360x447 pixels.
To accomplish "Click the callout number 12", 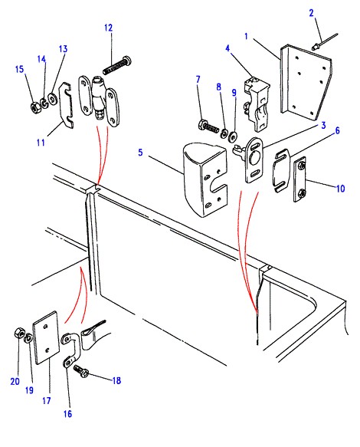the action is [109, 28].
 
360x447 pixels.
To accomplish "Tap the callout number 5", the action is [140, 153].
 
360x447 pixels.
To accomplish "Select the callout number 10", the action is [340, 189].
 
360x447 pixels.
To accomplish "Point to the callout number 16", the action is [67, 413].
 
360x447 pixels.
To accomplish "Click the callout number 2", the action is [311, 13].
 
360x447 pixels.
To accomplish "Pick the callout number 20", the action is [15, 381].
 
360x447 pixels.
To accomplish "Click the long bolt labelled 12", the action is [117, 66].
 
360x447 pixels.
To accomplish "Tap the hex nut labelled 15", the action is [35, 107].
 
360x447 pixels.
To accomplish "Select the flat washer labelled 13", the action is [53, 99].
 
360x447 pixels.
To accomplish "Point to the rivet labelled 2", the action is [325, 42].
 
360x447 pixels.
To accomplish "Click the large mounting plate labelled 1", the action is [306, 82].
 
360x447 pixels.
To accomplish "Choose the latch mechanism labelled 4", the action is [257, 104].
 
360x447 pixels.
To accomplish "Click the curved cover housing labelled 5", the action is [205, 180].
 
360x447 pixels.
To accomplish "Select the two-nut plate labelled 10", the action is [299, 179].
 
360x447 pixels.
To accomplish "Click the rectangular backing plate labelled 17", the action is [47, 337].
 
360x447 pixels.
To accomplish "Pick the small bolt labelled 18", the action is [81, 371].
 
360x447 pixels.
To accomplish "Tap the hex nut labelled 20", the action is [19, 333].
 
